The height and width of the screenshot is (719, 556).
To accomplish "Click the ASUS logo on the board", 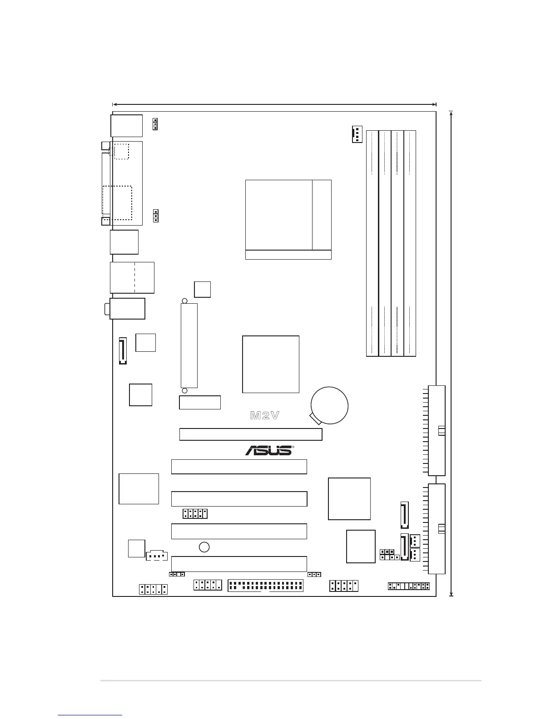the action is pos(269,450).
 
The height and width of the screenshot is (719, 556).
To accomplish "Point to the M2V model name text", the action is pos(265,415).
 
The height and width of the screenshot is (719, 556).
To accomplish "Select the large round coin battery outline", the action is pos(330,405).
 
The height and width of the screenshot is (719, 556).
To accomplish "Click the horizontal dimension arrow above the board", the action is pos(274,104).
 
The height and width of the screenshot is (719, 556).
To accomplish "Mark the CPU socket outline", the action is pos(288,219).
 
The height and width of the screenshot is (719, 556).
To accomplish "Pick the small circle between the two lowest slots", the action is pos(204,547).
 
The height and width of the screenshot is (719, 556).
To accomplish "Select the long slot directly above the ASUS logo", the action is pos(251,434).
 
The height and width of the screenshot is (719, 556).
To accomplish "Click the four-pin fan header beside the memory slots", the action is pos(357,134).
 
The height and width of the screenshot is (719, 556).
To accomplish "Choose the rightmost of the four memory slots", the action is pos(410,243).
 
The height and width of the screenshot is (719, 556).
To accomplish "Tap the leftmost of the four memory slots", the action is pos(372,243).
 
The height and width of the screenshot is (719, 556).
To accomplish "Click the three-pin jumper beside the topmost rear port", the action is pos(155,124).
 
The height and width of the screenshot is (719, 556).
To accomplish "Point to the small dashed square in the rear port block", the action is pos(121,151).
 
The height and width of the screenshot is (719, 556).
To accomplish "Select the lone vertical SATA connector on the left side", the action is pos(123,350).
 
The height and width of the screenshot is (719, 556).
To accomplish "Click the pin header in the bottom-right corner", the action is pos(408,586).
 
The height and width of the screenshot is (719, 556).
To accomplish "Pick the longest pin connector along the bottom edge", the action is pos(266,586).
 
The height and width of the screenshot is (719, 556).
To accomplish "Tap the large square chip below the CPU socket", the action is pos(271,364).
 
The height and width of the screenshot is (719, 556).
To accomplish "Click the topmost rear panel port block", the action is pos(126,125).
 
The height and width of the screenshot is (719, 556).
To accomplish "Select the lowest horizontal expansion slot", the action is pos(239,564).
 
